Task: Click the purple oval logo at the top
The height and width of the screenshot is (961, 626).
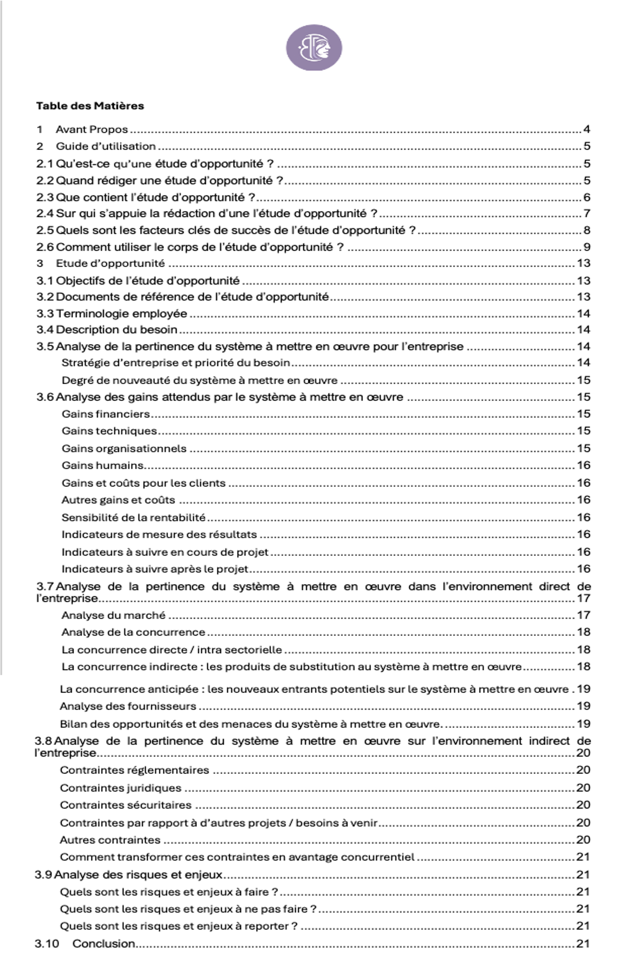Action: click(x=314, y=48)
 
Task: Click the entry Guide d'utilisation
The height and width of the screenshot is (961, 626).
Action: click(x=106, y=146)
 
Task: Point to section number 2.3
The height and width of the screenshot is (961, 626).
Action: click(x=44, y=197)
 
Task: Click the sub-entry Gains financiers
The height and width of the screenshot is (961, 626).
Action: click(x=106, y=414)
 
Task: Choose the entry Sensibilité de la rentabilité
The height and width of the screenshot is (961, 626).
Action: click(x=133, y=517)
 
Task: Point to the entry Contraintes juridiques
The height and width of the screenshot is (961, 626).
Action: click(x=120, y=788)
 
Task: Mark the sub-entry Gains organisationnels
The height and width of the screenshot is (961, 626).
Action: click(x=124, y=449)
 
